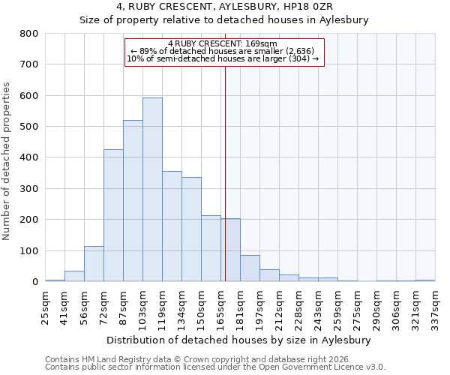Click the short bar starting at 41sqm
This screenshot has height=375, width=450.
click(74, 276)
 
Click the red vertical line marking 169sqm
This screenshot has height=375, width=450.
click(225, 172)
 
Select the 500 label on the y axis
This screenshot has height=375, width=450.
click(28, 127)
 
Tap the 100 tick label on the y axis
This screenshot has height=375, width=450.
click(28, 251)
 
